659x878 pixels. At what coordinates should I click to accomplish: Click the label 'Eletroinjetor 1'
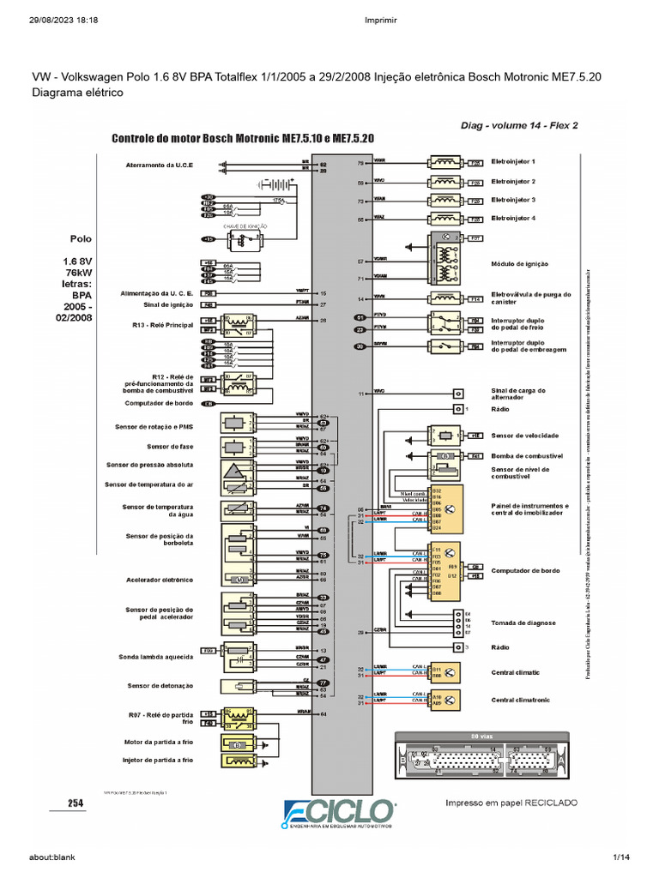coord(513,161)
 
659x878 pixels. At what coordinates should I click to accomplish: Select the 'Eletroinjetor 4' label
coord(513,219)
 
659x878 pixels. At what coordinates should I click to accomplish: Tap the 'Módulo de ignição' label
coord(519,264)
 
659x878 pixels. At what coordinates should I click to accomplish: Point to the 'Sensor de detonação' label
coord(160,686)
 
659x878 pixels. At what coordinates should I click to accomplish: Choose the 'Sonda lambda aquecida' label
coord(156,658)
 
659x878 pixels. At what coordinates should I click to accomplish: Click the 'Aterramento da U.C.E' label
coord(160,164)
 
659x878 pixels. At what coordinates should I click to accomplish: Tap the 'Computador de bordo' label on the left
coord(159,403)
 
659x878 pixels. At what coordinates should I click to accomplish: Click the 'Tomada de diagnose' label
coord(523,623)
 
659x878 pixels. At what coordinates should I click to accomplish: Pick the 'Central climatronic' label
coord(521,701)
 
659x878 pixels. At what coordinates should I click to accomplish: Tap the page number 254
coord(76,803)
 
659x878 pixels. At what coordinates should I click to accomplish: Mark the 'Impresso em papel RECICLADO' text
coord(511,803)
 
